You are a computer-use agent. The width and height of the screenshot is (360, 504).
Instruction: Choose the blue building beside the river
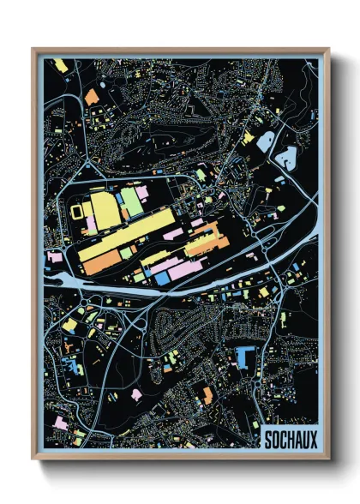161,278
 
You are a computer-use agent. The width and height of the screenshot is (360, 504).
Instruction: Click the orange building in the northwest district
92,98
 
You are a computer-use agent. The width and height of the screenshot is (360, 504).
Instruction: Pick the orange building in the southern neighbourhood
207,394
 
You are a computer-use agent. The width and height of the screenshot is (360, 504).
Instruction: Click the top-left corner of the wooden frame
33,50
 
